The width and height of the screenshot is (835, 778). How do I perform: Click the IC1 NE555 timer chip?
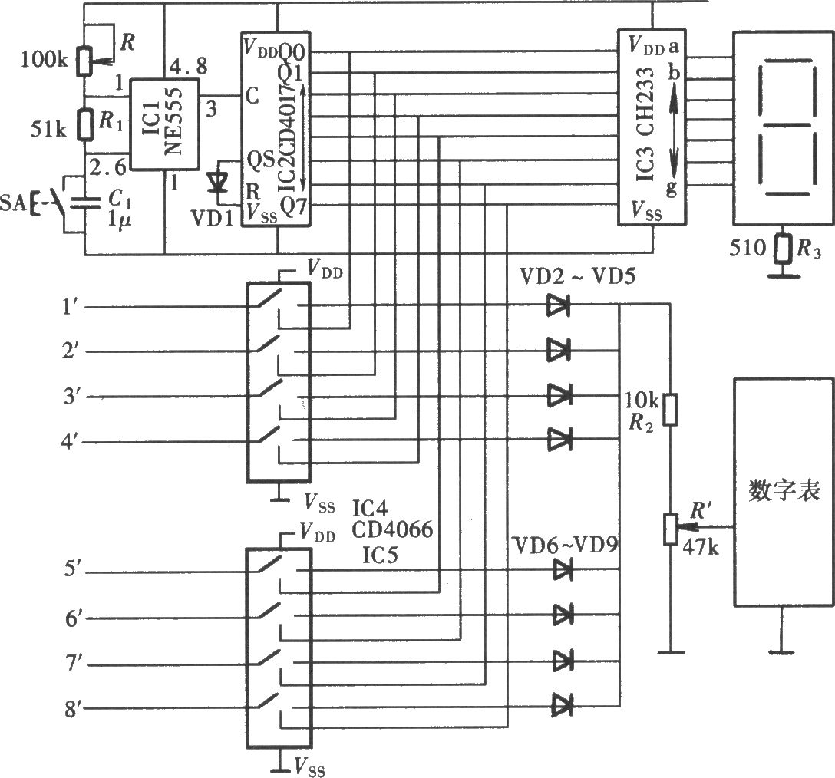(164, 124)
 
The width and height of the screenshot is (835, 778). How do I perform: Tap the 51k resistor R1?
(84, 124)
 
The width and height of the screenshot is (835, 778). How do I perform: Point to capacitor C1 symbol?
(85, 201)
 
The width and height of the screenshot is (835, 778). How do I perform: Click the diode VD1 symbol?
(217, 183)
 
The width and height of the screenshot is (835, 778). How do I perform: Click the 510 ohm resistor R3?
(781, 249)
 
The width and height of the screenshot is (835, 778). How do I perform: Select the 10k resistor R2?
(671, 410)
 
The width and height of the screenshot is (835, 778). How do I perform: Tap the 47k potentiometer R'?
(671, 529)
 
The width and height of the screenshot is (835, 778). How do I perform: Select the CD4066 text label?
(392, 530)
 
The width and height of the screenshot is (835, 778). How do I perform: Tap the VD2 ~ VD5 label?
(578, 276)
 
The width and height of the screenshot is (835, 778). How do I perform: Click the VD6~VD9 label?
(565, 546)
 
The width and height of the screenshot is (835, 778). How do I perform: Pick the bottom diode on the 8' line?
(563, 706)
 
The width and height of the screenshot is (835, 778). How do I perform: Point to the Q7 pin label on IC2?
(293, 206)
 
